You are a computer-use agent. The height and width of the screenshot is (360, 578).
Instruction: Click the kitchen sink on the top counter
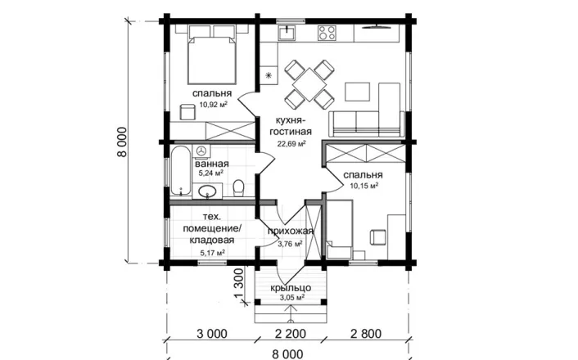click(287, 33)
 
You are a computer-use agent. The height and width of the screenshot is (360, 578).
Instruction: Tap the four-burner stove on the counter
click(327, 33)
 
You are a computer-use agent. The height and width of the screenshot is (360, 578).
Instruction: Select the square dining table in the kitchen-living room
click(309, 85)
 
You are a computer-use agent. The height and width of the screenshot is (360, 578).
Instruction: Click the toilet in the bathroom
click(239, 187)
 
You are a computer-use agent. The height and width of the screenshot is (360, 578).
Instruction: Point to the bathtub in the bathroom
click(181, 171)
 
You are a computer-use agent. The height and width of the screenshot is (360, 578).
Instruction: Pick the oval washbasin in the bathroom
click(207, 191)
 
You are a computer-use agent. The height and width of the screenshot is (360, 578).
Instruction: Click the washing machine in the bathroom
click(201, 151)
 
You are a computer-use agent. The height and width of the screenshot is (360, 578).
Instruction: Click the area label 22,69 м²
click(291, 143)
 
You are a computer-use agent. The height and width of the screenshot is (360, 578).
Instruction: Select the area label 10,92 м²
click(214, 104)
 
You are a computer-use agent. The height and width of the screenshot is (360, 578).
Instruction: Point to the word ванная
click(212, 164)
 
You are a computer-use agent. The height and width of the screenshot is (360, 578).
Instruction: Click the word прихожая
click(291, 231)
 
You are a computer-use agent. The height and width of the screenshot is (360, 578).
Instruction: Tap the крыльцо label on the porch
click(291, 288)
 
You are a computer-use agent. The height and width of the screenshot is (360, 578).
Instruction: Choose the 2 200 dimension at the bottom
click(291, 334)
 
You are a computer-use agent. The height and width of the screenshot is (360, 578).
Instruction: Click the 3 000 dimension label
click(212, 334)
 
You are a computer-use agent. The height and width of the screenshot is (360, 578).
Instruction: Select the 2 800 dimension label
click(366, 334)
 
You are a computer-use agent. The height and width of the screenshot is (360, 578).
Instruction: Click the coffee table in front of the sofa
click(357, 92)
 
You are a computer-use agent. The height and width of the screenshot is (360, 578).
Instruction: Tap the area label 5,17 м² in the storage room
click(213, 253)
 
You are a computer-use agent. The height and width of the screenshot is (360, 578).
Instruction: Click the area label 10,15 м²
click(364, 186)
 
